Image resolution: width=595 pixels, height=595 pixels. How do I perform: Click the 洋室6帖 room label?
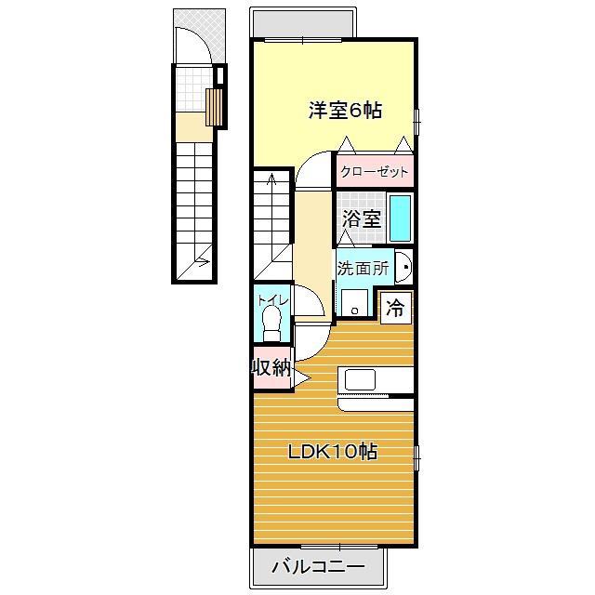345,111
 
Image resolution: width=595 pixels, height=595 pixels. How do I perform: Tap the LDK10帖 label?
333,452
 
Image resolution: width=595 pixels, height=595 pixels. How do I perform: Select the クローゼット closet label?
374,172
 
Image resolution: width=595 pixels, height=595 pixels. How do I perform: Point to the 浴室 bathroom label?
362,218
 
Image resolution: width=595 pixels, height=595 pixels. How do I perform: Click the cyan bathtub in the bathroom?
401,218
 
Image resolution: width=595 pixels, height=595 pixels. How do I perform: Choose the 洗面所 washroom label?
364,268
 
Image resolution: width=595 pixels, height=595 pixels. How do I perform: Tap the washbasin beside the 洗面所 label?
403,267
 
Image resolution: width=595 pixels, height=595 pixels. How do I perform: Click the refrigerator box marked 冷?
396,308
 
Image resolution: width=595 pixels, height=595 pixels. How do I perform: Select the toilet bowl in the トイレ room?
271,323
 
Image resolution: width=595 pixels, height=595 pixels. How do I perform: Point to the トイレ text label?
272,300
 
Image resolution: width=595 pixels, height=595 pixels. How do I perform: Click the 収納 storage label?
272,367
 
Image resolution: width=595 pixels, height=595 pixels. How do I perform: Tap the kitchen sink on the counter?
360,380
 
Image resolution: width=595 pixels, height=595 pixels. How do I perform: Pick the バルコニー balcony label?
318,567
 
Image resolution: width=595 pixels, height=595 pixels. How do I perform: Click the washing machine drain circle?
355,311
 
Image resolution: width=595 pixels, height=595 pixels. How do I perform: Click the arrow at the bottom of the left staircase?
203,261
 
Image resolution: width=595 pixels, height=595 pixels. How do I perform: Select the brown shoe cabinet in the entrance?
214,107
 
